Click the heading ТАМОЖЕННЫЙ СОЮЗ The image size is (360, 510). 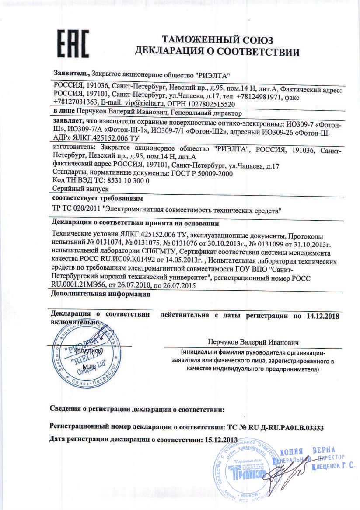click(217, 41)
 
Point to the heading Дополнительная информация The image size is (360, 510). click(100, 294)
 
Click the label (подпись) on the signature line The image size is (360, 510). click(89, 351)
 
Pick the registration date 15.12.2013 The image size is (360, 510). click(221, 439)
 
